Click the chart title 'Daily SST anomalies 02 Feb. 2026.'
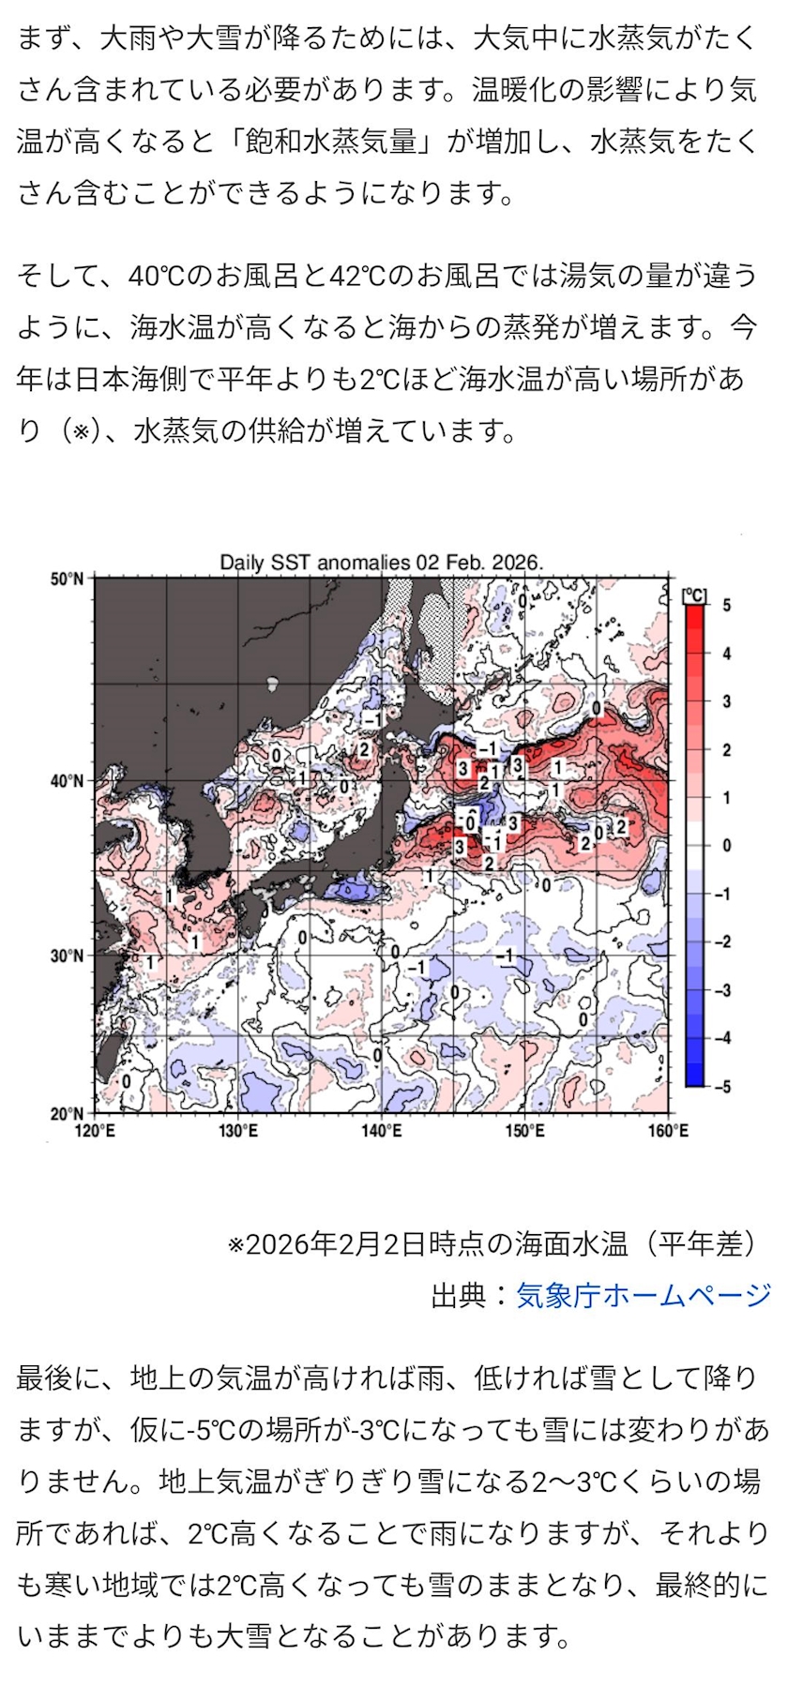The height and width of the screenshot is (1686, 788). (381, 563)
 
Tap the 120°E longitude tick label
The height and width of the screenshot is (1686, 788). (95, 1131)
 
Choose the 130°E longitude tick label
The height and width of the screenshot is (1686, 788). (238, 1131)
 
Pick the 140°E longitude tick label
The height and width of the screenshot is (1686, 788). (381, 1131)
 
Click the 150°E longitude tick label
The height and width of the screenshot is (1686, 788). (524, 1131)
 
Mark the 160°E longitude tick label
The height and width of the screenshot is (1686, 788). (668, 1131)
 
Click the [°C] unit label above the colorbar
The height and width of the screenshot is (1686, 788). (695, 595)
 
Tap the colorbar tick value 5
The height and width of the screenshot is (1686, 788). (725, 606)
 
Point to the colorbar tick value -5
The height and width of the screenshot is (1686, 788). (721, 1087)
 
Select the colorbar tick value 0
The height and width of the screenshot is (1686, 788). (725, 846)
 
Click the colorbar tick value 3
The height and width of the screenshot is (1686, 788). (725, 701)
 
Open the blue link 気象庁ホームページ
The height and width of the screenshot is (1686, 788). (644, 1295)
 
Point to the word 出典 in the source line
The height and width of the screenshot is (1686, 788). (459, 1295)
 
